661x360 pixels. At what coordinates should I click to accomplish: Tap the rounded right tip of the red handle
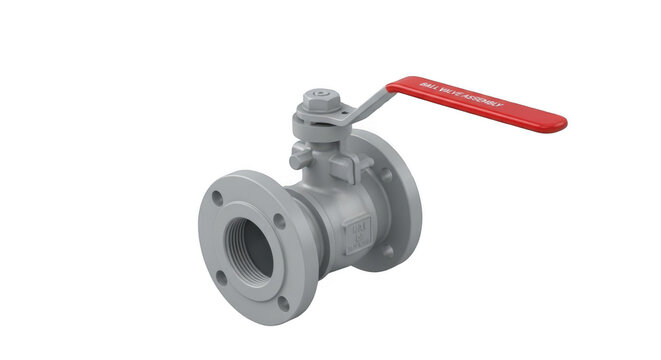pyautogui.click(x=560, y=123)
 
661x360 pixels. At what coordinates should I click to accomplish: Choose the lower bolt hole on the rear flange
pyautogui.click(x=388, y=251)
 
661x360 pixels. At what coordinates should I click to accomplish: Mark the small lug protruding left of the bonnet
pyautogui.click(x=296, y=157)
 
